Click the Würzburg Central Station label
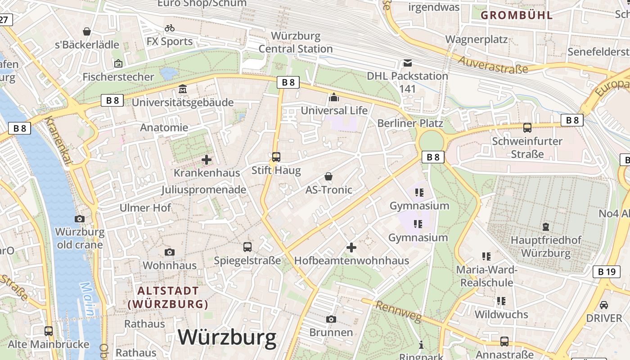click(x=296, y=42)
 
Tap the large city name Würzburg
click(x=227, y=337)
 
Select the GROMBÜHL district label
click(x=517, y=15)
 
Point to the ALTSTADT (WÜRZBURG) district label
click(x=168, y=297)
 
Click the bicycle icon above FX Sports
click(x=170, y=28)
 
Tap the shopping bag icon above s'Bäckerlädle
click(x=87, y=31)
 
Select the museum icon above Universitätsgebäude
click(x=183, y=89)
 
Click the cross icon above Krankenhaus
click(x=207, y=160)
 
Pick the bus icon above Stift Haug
click(x=276, y=157)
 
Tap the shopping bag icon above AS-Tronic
click(x=329, y=176)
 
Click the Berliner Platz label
click(x=410, y=123)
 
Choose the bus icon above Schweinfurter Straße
click(x=527, y=128)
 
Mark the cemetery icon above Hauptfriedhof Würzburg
click(x=546, y=226)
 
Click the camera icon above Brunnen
click(x=331, y=319)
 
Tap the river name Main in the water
click(x=88, y=299)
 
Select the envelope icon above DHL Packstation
click(x=408, y=63)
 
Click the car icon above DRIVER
click(x=604, y=305)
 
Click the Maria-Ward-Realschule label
click(x=486, y=276)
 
